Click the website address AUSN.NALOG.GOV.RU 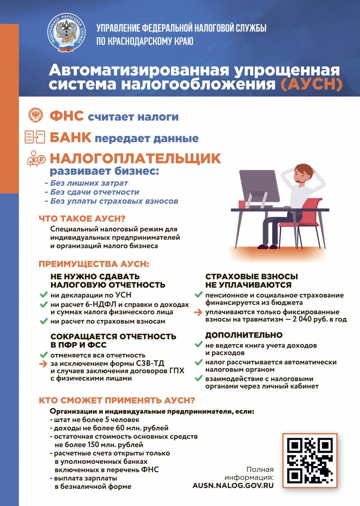coord(233,486)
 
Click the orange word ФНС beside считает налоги coord(67,116)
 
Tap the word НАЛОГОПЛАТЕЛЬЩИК coord(135,158)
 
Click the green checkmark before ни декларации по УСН coord(44,295)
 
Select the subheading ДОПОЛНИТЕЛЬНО coord(244,335)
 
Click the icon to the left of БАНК coord(35,137)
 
